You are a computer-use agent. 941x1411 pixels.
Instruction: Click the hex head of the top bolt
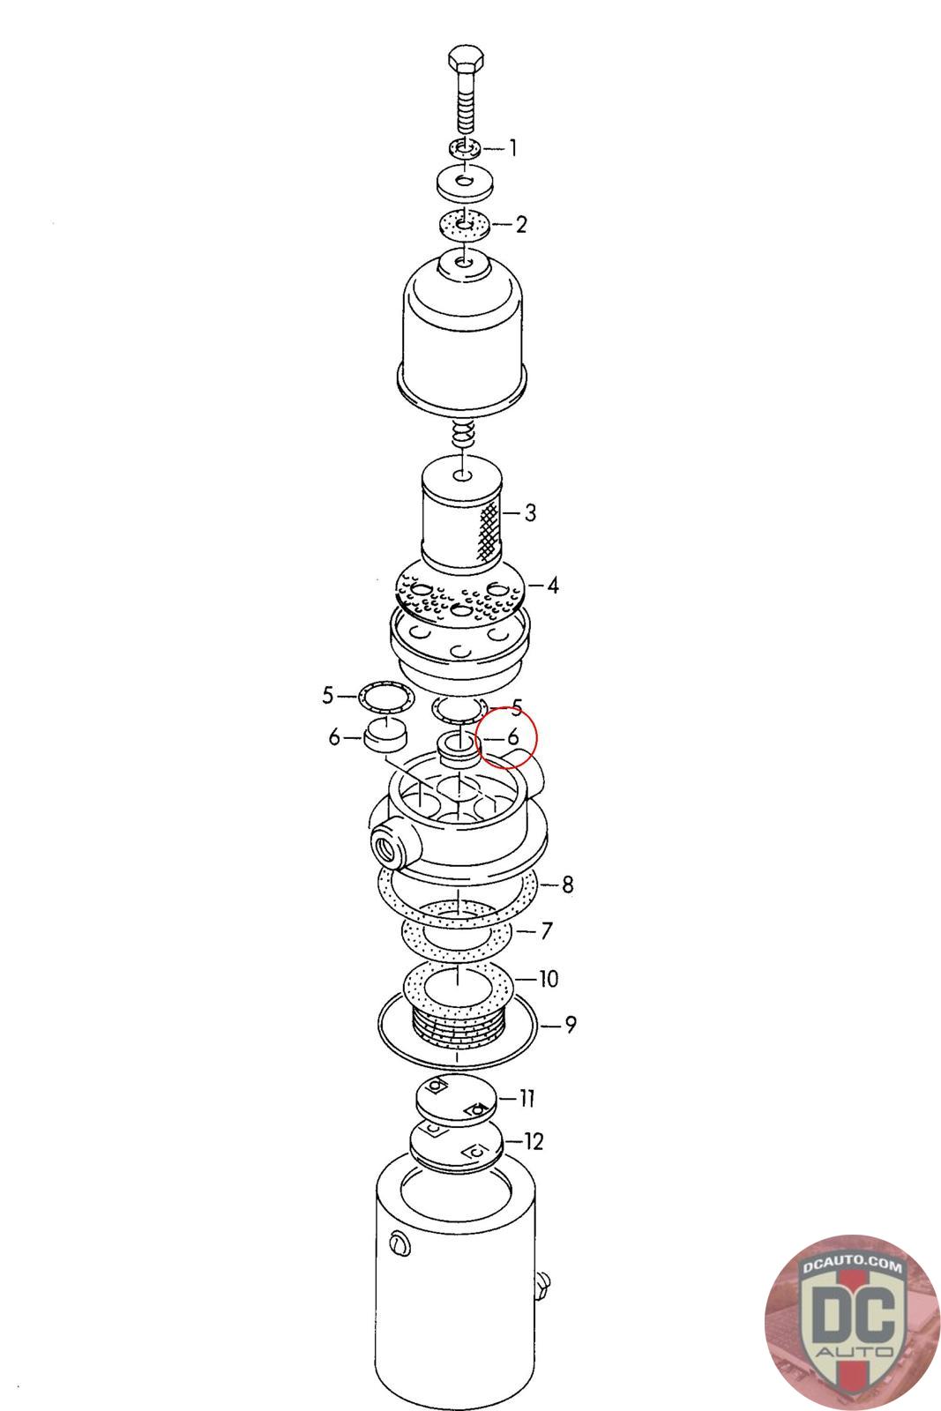467,61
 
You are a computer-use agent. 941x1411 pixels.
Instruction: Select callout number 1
512,149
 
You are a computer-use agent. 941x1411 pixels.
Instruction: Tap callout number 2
521,224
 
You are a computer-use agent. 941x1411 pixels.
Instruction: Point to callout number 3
530,512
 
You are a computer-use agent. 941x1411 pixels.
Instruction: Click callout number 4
552,586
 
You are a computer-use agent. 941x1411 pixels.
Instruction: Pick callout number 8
567,885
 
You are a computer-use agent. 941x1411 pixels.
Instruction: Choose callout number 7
546,930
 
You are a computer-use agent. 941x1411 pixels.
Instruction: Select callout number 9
570,1025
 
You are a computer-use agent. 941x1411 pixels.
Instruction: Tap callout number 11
527,1099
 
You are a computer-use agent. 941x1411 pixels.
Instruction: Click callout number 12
534,1141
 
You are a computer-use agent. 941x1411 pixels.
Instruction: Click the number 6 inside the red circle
512,736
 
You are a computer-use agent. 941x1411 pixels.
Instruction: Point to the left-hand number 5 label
328,696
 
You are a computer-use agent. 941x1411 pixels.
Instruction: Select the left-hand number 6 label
334,736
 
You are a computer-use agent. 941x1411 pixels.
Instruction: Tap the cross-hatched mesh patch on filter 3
489,532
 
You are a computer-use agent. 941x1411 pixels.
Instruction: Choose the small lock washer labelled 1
466,149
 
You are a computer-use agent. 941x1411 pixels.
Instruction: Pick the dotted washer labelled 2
464,225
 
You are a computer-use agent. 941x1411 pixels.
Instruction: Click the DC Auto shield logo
853,1322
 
